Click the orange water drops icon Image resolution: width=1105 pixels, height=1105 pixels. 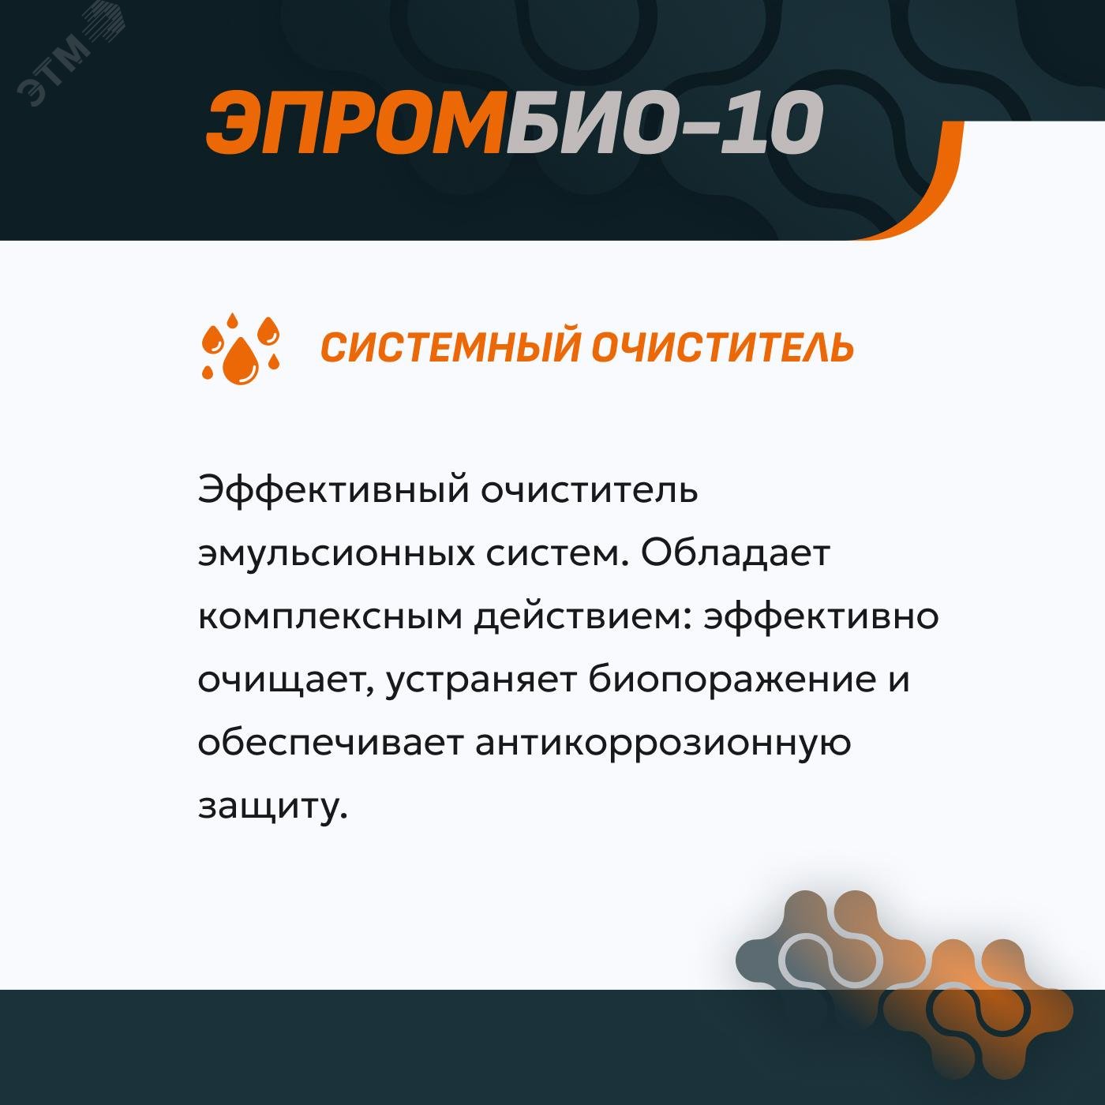click(x=241, y=348)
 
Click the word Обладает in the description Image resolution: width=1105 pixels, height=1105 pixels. click(x=735, y=553)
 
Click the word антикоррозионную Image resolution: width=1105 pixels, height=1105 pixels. click(x=663, y=743)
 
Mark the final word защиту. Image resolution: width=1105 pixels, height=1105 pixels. click(x=272, y=806)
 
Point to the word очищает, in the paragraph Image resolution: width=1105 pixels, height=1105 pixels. click(x=285, y=680)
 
